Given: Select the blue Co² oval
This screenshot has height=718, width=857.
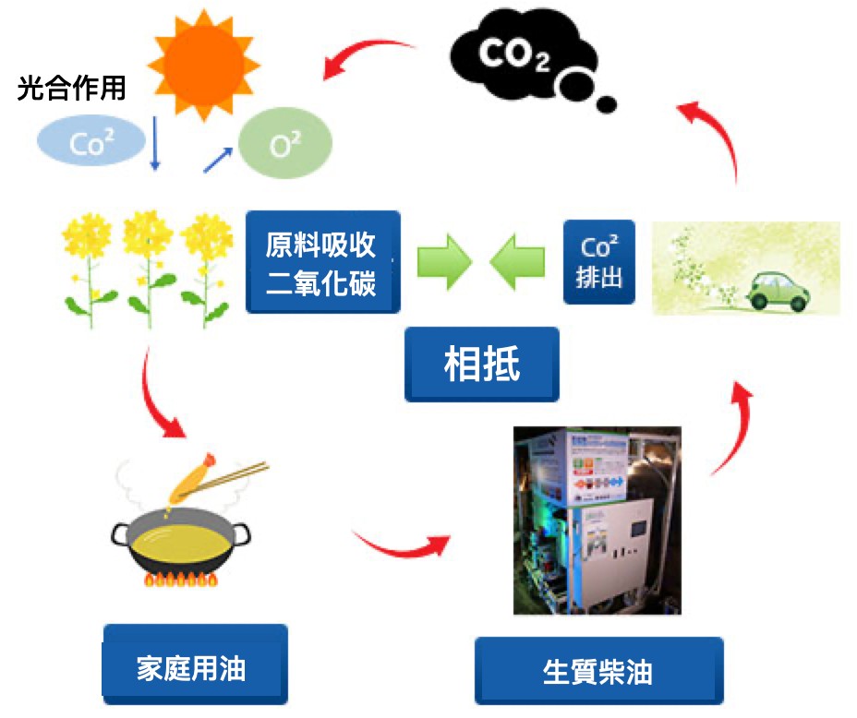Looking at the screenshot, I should tap(91, 142).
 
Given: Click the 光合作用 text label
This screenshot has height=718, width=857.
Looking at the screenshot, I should tap(71, 90).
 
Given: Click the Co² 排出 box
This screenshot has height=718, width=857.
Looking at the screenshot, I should tap(599, 262).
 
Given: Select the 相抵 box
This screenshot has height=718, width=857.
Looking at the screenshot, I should tap(482, 364).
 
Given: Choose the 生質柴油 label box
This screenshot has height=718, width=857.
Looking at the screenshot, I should tap(598, 671).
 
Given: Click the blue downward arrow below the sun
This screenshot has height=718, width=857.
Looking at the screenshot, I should tap(155, 144).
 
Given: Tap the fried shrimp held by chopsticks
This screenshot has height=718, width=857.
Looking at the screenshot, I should tap(192, 476).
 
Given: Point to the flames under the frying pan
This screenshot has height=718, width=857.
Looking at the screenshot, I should tap(180, 580).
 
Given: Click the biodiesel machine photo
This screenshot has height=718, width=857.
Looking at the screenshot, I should tap(597, 521).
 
